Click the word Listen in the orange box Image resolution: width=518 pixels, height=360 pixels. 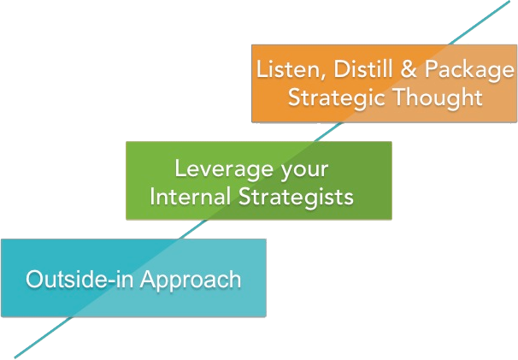[x=291, y=69]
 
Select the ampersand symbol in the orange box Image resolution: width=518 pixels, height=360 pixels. [x=409, y=69]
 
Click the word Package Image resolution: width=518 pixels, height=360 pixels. [x=468, y=71]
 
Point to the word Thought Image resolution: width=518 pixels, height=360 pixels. [x=438, y=97]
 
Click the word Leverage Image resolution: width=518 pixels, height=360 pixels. [x=224, y=169]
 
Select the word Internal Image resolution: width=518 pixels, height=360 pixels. [x=190, y=197]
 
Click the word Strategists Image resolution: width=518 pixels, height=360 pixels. [x=296, y=198]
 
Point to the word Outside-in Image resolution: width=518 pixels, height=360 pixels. [x=79, y=279]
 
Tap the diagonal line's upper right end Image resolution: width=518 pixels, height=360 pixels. [x=509, y=1]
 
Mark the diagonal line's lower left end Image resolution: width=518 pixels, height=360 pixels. [x=15, y=357]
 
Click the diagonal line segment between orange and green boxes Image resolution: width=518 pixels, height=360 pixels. [x=329, y=132]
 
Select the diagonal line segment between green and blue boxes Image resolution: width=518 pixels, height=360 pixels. [x=193, y=229]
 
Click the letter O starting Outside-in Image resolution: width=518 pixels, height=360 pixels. [x=34, y=280]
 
